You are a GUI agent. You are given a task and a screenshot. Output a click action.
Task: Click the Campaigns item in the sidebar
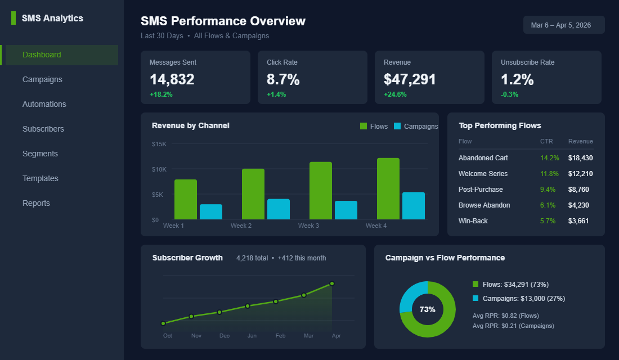tap(42, 79)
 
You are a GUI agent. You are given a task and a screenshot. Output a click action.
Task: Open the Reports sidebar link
tap(36, 203)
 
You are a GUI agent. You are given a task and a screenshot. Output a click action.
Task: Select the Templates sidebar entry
tap(40, 178)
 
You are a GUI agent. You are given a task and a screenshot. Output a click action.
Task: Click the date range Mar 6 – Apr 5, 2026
tap(564, 25)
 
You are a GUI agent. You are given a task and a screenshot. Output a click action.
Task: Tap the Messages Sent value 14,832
tap(172, 79)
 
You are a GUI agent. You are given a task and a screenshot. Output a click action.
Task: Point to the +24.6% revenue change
tap(395, 94)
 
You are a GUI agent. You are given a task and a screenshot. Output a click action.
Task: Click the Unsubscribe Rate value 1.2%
tap(517, 79)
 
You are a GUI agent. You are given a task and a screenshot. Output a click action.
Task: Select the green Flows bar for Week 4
tap(388, 188)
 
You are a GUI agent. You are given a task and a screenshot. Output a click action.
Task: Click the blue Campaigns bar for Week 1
tap(211, 211)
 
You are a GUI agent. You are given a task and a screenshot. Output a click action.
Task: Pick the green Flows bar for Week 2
tap(253, 194)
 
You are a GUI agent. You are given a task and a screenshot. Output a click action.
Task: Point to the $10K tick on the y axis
tap(159, 169)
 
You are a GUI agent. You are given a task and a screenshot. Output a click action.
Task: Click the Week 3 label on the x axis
tap(308, 226)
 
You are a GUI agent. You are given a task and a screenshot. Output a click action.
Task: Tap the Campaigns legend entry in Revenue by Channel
tap(415, 127)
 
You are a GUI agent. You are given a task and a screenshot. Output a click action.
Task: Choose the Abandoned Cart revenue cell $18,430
tap(580, 158)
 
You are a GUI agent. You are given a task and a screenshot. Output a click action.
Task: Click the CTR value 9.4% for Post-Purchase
tap(548, 190)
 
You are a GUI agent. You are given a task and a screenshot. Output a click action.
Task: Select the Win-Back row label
tap(473, 221)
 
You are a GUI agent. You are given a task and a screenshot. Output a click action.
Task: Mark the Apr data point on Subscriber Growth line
tap(332, 283)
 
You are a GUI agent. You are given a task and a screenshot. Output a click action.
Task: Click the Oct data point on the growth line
tap(163, 323)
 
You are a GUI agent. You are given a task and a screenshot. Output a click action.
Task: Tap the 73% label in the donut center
tap(427, 309)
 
